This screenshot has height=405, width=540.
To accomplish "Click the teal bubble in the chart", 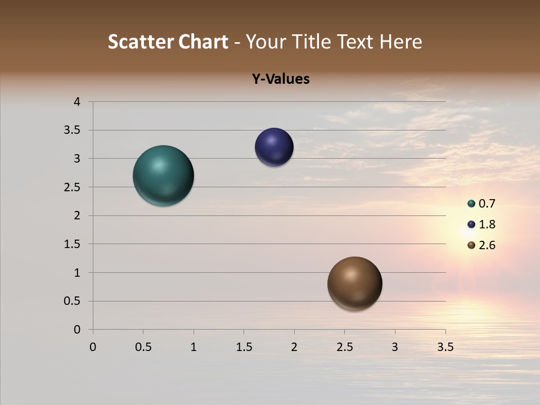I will [163, 175].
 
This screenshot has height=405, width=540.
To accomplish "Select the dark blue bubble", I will [274, 147].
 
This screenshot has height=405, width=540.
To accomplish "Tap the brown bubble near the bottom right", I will [354, 283].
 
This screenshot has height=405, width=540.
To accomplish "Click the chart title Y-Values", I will [281, 79].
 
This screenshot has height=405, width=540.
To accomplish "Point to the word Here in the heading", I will [400, 42].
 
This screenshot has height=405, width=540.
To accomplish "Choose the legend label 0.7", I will [487, 204].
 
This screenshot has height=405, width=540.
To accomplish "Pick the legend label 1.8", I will [487, 224].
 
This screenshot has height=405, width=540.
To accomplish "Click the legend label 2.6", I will [487, 245].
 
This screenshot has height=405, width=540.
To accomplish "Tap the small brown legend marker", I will [471, 245].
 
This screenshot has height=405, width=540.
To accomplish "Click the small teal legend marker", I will [471, 204].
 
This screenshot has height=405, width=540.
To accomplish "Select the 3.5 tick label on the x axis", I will [445, 347].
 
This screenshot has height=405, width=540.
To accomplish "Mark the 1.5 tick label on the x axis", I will [244, 347].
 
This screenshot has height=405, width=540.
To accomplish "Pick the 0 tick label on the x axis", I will [93, 347].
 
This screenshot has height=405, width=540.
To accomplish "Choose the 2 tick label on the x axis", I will [294, 347].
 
